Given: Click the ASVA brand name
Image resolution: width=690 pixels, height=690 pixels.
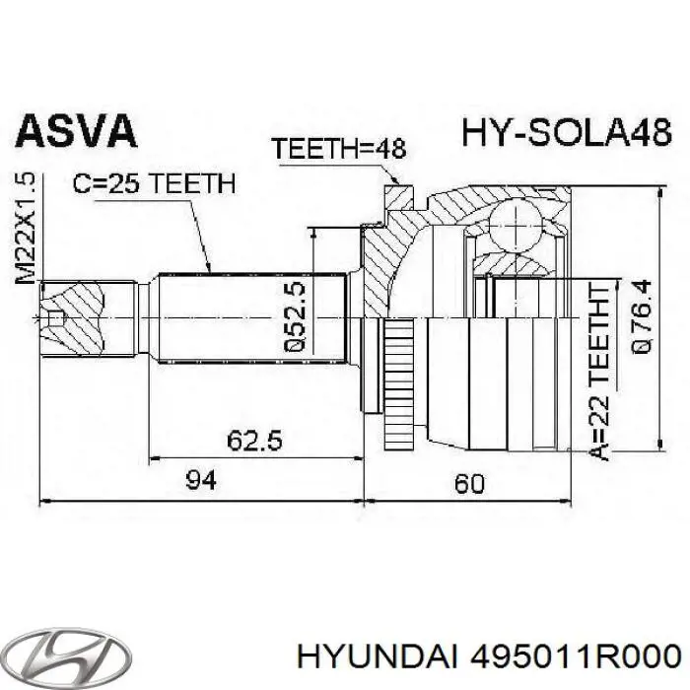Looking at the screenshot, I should tap(75, 133).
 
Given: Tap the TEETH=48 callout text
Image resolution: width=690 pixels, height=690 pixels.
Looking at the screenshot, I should tap(339, 150).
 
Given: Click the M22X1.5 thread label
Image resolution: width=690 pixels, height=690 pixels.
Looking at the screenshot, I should tap(27, 228).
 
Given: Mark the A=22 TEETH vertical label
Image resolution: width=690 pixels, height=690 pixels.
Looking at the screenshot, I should tap(602, 370).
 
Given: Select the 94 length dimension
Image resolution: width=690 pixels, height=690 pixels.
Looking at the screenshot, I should tap(200, 481).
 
